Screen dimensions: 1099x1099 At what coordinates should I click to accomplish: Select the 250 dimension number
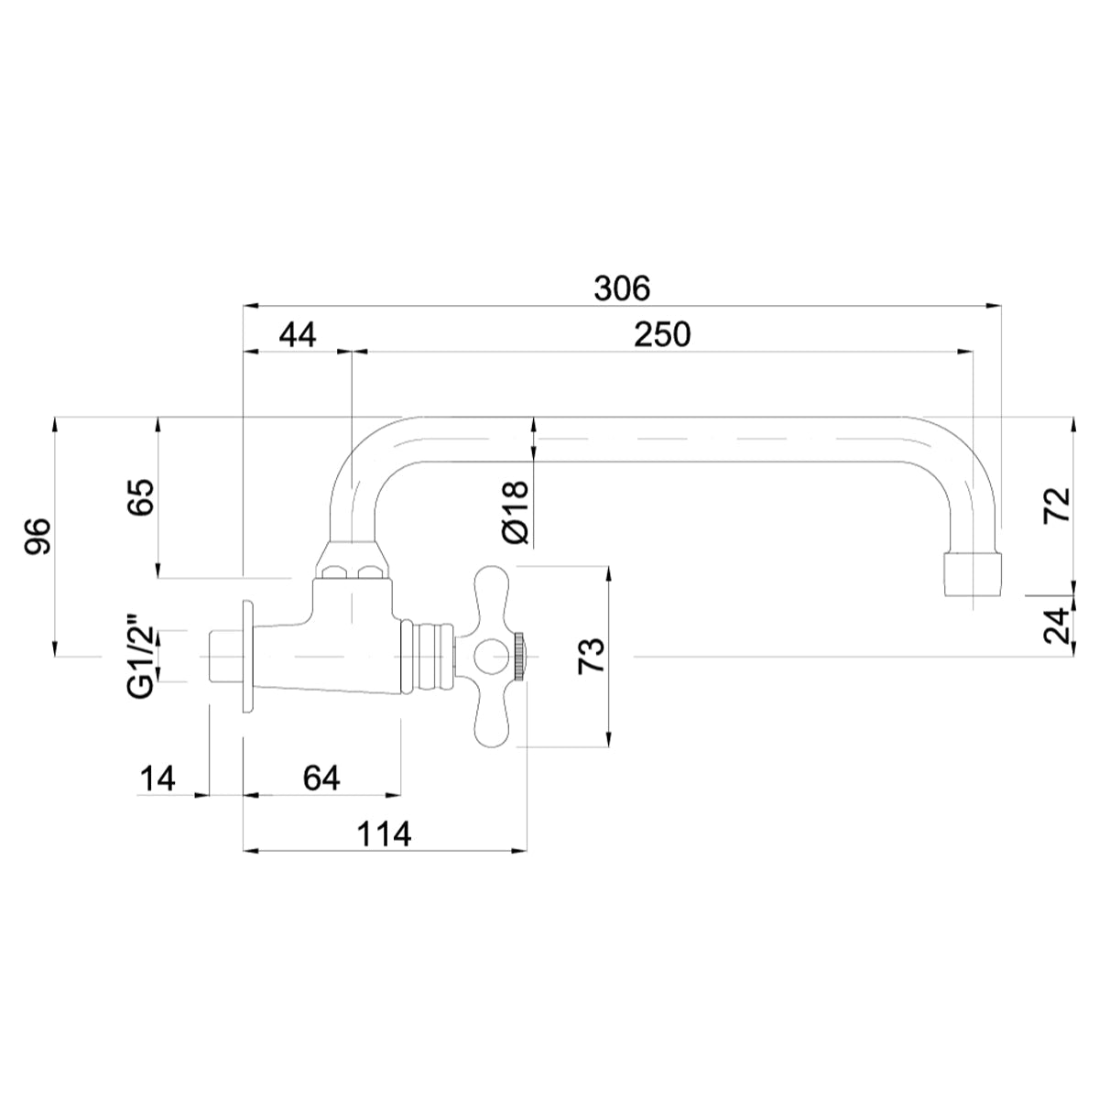[662, 334]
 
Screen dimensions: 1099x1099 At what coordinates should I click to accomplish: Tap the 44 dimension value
[297, 334]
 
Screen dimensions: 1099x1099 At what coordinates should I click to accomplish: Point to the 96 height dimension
[38, 536]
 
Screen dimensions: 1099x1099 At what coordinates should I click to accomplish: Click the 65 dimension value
[141, 497]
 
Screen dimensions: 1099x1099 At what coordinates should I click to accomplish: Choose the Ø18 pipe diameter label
[517, 512]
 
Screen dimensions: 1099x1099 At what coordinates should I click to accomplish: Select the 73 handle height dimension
[591, 657]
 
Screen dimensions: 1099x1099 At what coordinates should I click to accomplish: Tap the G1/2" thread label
[140, 656]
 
